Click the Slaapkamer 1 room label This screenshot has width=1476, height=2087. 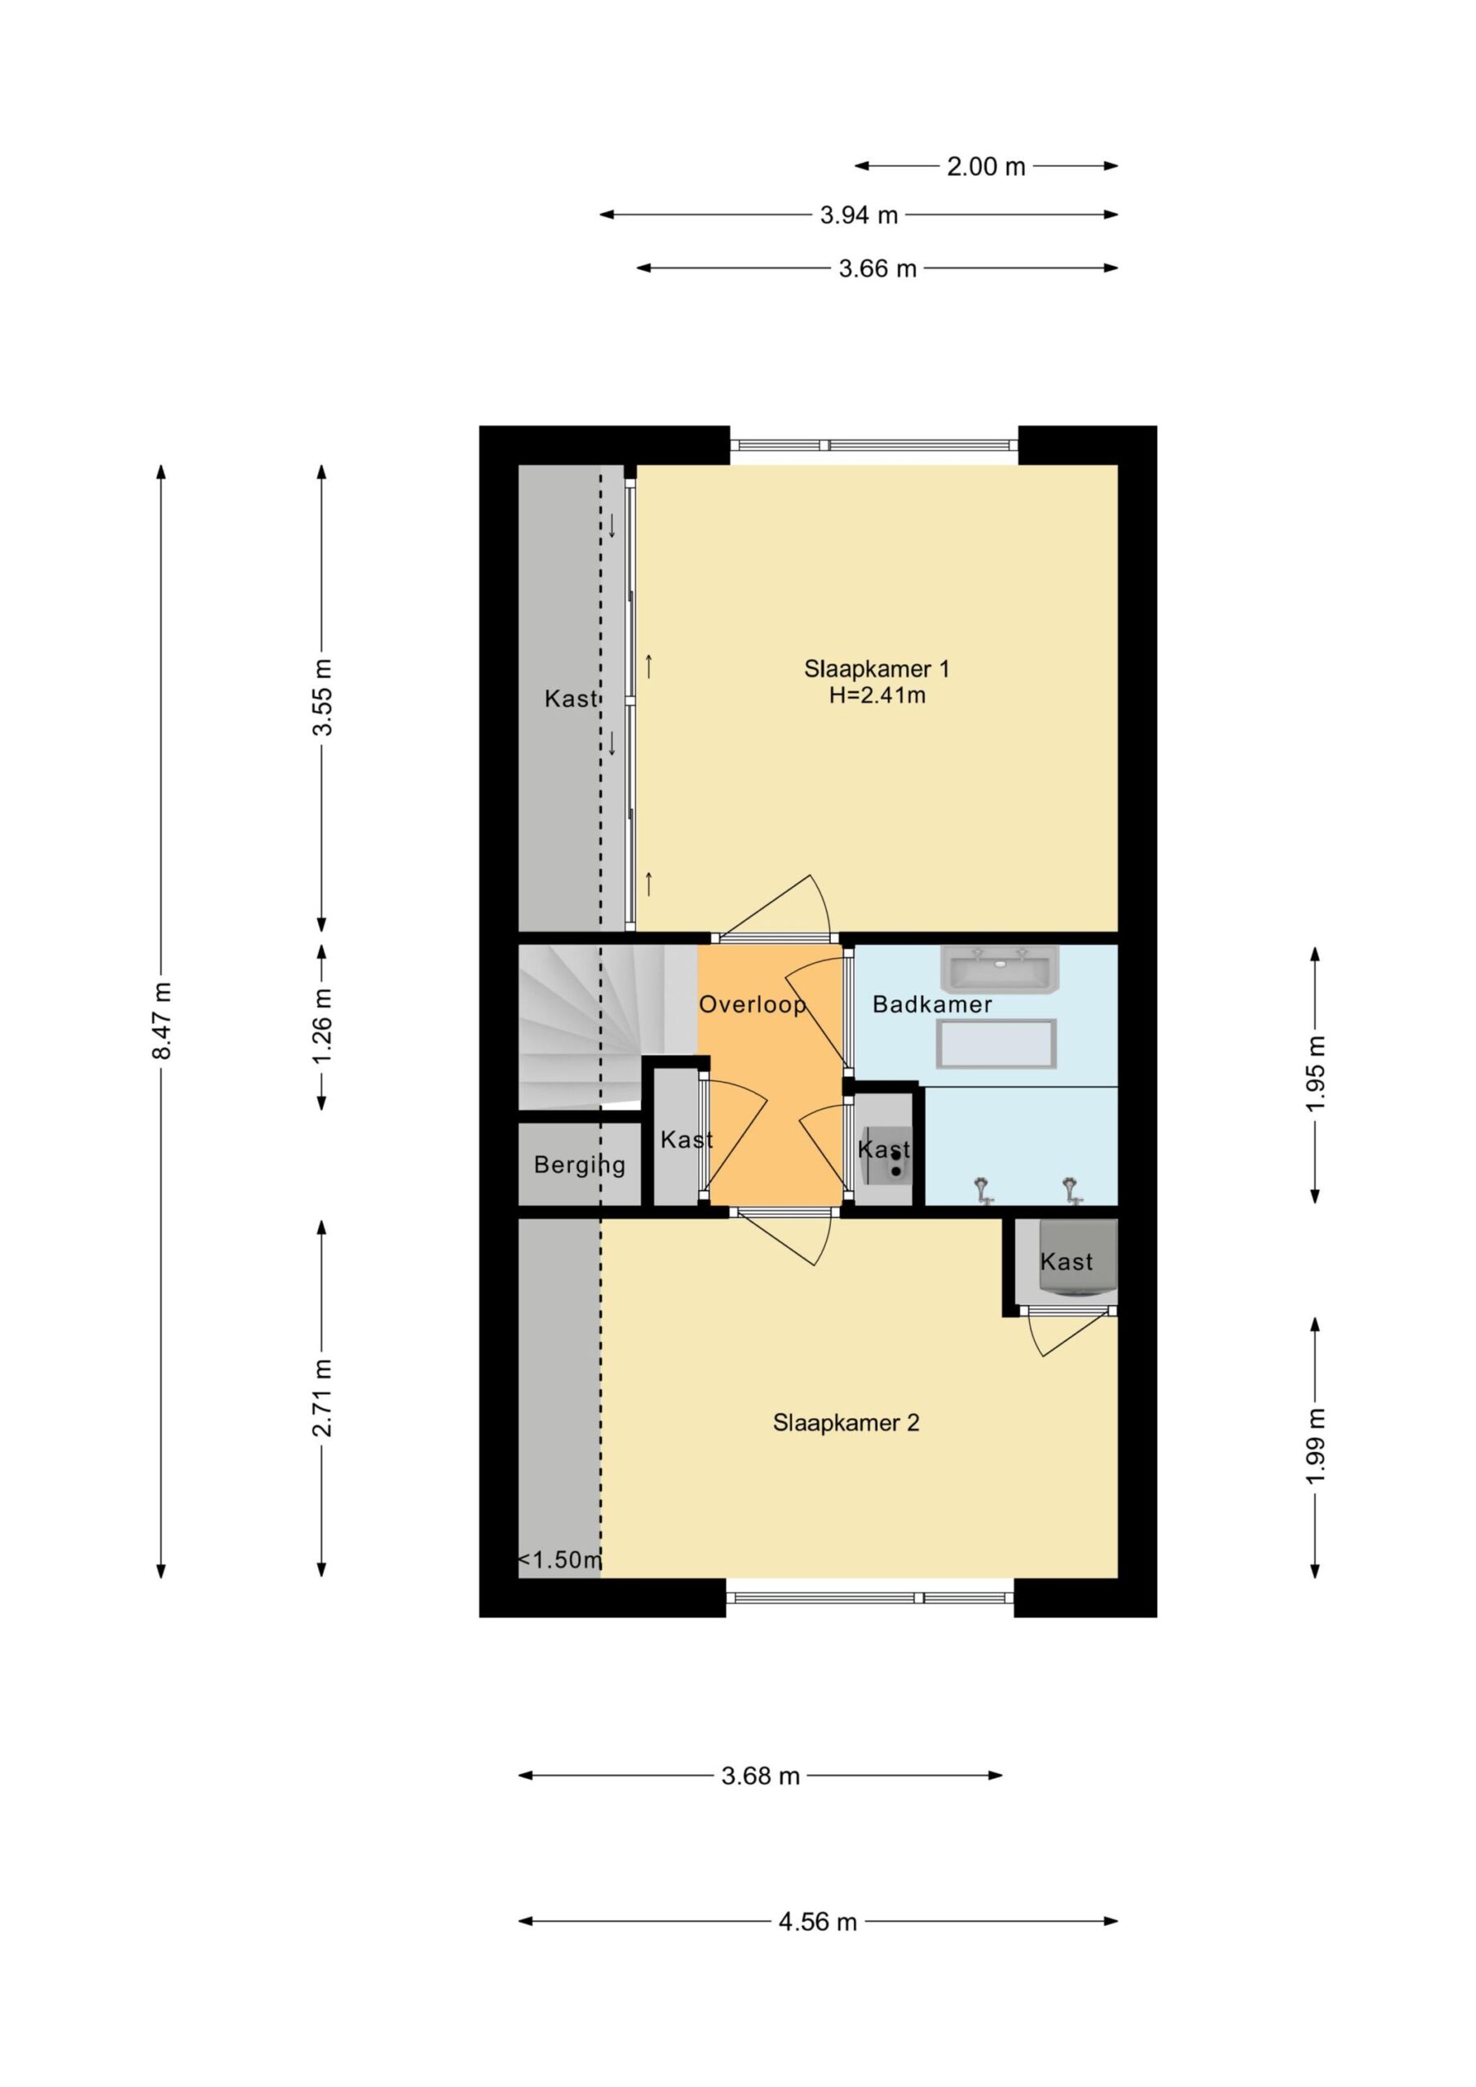(877, 669)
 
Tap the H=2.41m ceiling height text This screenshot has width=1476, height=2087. (877, 696)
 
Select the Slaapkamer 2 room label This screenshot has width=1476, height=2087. (846, 1423)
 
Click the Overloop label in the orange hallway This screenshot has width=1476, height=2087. (752, 1004)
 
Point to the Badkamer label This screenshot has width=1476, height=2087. (932, 1004)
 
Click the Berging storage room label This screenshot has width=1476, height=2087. (579, 1165)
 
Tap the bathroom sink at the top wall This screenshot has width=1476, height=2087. (1000, 968)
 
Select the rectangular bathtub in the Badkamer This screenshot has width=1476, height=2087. (997, 1043)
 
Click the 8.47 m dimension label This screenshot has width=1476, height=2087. (162, 1020)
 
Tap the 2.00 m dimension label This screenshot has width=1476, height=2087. (986, 166)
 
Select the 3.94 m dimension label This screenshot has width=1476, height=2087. (859, 215)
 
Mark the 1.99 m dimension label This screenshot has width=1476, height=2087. (1316, 1445)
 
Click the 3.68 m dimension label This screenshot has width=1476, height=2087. (760, 1776)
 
